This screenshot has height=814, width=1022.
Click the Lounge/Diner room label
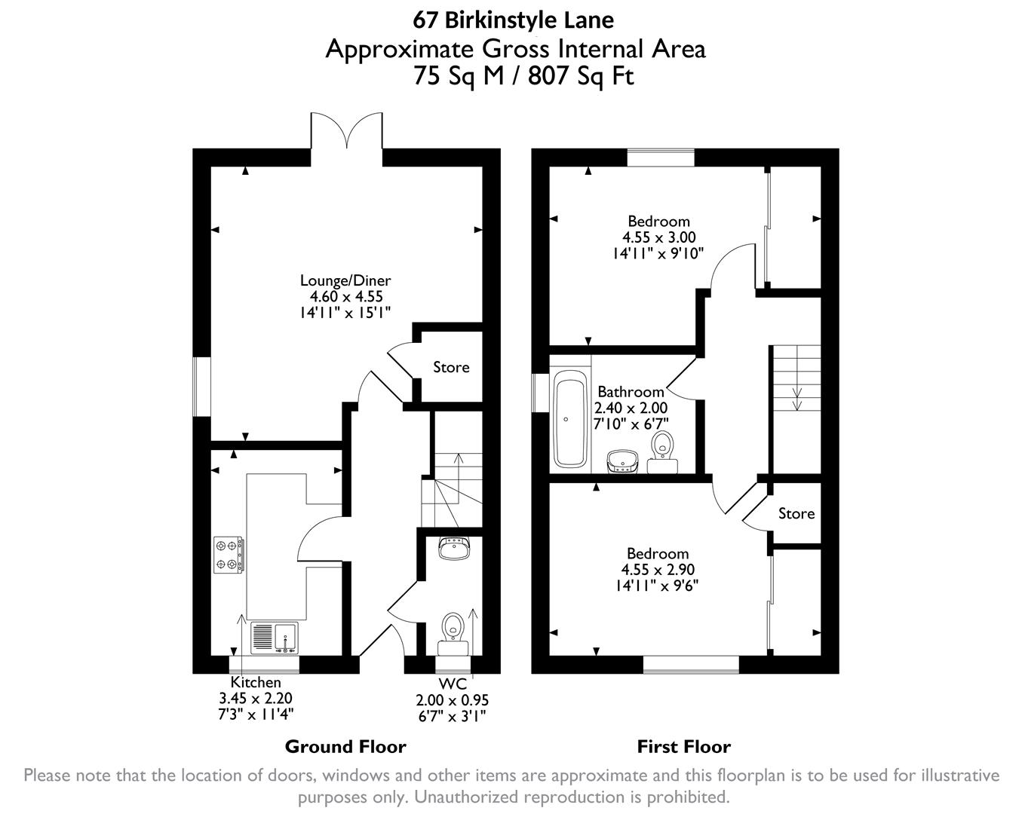345,280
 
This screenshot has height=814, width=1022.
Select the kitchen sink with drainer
274,638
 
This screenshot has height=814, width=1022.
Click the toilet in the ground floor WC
453,626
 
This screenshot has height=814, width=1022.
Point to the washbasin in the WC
454,548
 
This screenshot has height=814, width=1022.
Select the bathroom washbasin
622,461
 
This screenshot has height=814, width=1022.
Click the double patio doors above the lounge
346,131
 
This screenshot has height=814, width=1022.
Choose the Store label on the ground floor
451,367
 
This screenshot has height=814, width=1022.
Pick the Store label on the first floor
796,513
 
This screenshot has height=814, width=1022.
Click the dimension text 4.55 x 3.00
658,237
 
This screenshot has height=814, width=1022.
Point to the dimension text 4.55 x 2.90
658,570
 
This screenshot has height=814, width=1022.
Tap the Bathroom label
631,392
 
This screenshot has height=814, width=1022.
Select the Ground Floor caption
345,747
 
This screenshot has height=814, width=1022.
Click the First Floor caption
683,747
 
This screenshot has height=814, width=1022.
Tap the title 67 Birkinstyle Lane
514,19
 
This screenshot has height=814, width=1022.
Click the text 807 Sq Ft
582,76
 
